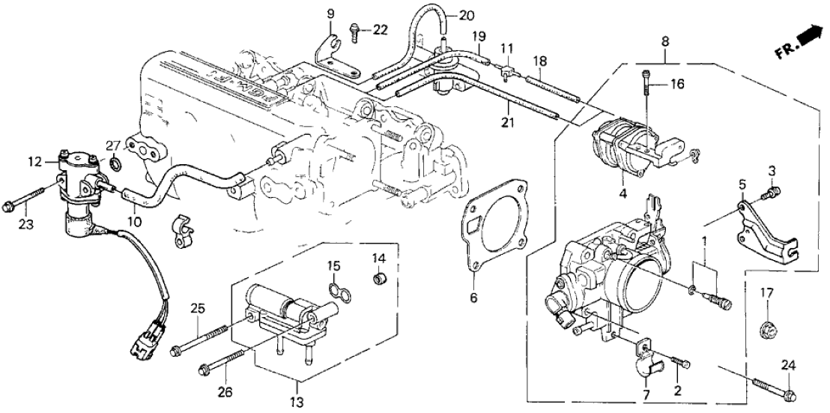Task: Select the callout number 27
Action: (x=113, y=145)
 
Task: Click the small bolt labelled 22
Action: (x=354, y=30)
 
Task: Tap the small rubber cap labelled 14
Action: (x=380, y=280)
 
